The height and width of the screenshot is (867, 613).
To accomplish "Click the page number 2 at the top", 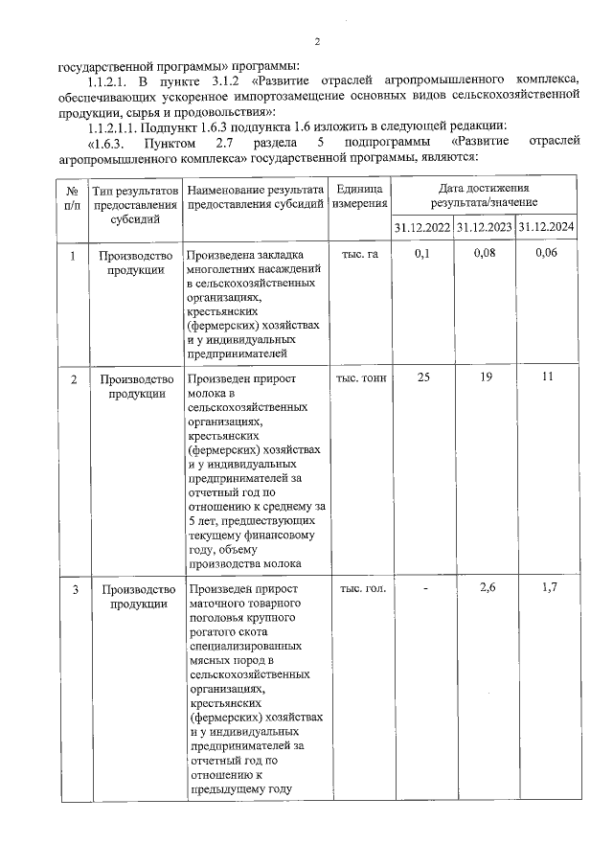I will tap(316, 41).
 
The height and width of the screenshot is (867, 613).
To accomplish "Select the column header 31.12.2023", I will tap(484, 227).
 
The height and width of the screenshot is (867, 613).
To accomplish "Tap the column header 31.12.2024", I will tap(546, 227).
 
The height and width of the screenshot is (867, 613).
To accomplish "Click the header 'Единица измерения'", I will tap(360, 196).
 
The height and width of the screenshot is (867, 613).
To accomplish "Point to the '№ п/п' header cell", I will tap(73, 196).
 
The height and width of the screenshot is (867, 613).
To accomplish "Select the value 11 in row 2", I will tap(547, 377).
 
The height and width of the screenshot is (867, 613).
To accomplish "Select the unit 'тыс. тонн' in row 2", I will tap(360, 377).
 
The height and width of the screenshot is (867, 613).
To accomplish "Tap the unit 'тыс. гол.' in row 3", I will tap(360, 588).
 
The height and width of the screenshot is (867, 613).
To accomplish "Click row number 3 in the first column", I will tap(74, 588).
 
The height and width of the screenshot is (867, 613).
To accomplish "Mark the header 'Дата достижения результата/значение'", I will tap(484, 196).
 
